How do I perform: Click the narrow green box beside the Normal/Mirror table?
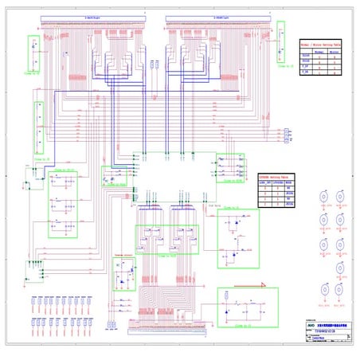281,53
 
